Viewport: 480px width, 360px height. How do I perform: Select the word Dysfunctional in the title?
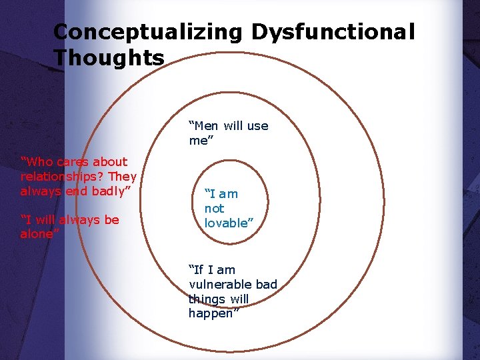click(333, 32)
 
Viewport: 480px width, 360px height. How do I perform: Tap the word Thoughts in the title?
click(109, 58)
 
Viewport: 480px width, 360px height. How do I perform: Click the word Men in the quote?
click(206, 125)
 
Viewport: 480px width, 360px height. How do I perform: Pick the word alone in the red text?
click(38, 234)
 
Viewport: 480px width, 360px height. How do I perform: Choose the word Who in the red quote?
click(37, 162)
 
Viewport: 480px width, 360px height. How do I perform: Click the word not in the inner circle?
click(214, 209)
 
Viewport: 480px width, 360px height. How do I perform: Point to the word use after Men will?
click(258, 125)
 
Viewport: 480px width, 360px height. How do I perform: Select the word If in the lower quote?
click(197, 270)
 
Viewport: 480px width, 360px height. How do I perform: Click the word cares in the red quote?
click(73, 162)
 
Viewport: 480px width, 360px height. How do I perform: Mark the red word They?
click(123, 177)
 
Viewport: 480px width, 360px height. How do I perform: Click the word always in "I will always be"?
click(79, 220)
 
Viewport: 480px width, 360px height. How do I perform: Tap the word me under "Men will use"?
click(198, 140)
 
